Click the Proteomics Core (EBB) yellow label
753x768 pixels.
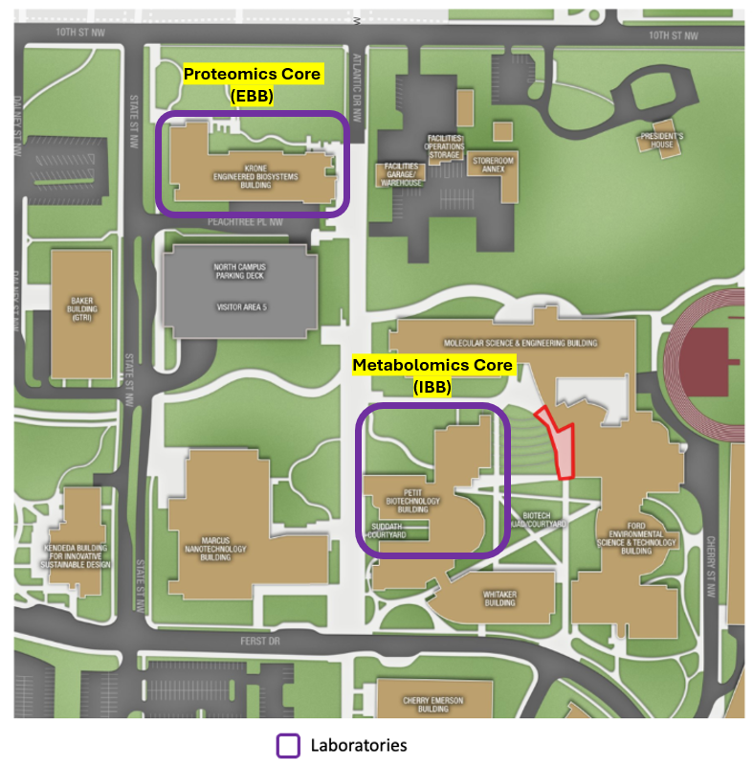pos(252,84)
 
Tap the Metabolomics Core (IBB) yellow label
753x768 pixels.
pos(432,375)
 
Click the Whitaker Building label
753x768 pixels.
pos(499,599)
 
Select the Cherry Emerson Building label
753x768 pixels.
pos(433,705)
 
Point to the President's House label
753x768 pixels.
pos(662,141)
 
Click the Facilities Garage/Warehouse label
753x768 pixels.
pos(401,173)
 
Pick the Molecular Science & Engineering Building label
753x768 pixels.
pos(520,343)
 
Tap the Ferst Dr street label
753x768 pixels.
pos(252,640)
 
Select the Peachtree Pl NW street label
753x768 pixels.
pos(246,221)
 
